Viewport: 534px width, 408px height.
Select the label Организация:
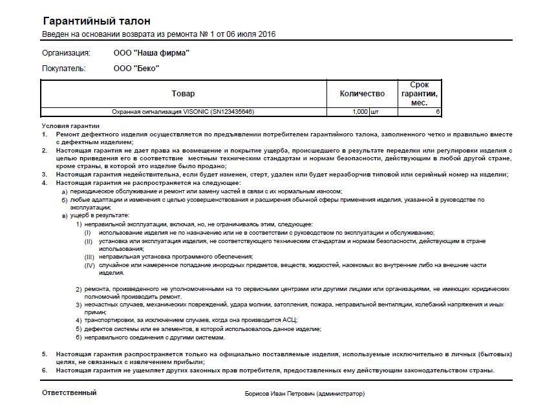66,53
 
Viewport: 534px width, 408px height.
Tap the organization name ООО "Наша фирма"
151,53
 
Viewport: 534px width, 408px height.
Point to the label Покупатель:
65,68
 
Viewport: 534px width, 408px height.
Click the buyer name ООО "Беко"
136,68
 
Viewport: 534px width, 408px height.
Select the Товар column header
183,94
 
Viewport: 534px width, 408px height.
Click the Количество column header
362,94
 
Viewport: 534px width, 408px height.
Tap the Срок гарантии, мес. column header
420,94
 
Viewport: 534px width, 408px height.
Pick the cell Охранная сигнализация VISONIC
183,112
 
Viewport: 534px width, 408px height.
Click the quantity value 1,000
360,112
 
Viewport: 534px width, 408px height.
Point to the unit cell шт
374,112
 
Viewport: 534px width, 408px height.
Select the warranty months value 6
438,112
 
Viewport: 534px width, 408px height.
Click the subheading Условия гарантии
70,125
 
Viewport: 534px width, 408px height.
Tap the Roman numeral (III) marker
89,257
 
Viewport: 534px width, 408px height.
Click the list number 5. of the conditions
45,354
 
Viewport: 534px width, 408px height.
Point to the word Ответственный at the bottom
69,392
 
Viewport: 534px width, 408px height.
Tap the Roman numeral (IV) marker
89,265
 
